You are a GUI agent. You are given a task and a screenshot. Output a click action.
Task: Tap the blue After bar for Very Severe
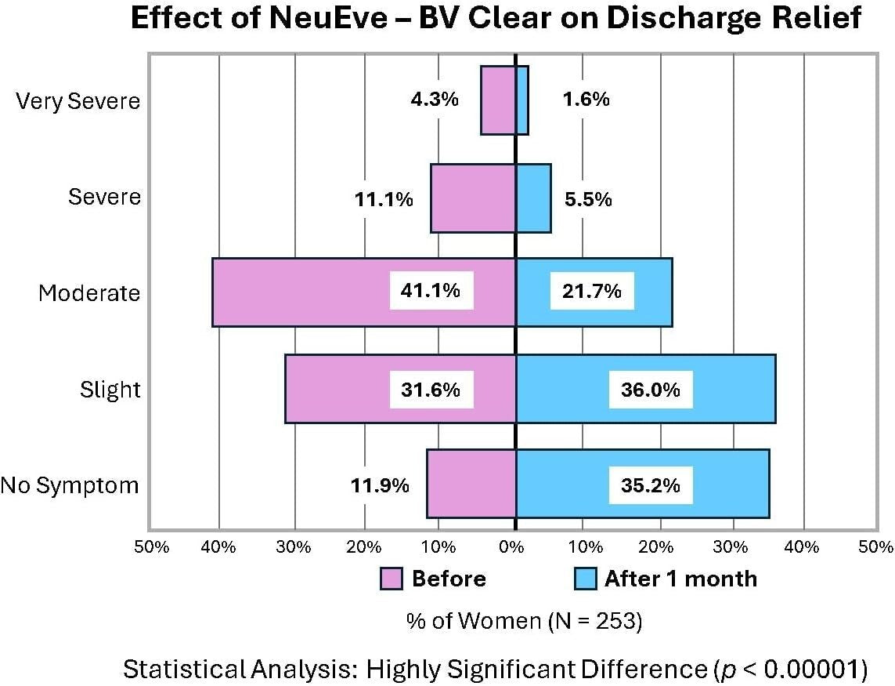pos(521,100)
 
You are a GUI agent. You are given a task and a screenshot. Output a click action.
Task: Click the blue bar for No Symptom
pos(564,484)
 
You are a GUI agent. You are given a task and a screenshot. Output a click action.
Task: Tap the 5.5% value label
pos(587,199)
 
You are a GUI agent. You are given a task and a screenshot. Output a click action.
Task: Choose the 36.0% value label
pos(651,390)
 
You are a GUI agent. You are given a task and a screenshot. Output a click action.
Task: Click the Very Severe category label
pos(78,100)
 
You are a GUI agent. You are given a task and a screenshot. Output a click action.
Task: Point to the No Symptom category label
pos(69,485)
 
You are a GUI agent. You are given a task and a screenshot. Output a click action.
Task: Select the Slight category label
pos(110,390)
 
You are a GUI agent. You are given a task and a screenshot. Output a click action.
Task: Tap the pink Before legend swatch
pos(391,579)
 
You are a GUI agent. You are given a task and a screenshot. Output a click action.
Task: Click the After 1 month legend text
pos(680,579)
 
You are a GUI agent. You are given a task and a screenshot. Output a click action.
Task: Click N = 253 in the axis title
pos(591,621)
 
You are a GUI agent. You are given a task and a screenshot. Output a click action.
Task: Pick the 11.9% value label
pos(379,485)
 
